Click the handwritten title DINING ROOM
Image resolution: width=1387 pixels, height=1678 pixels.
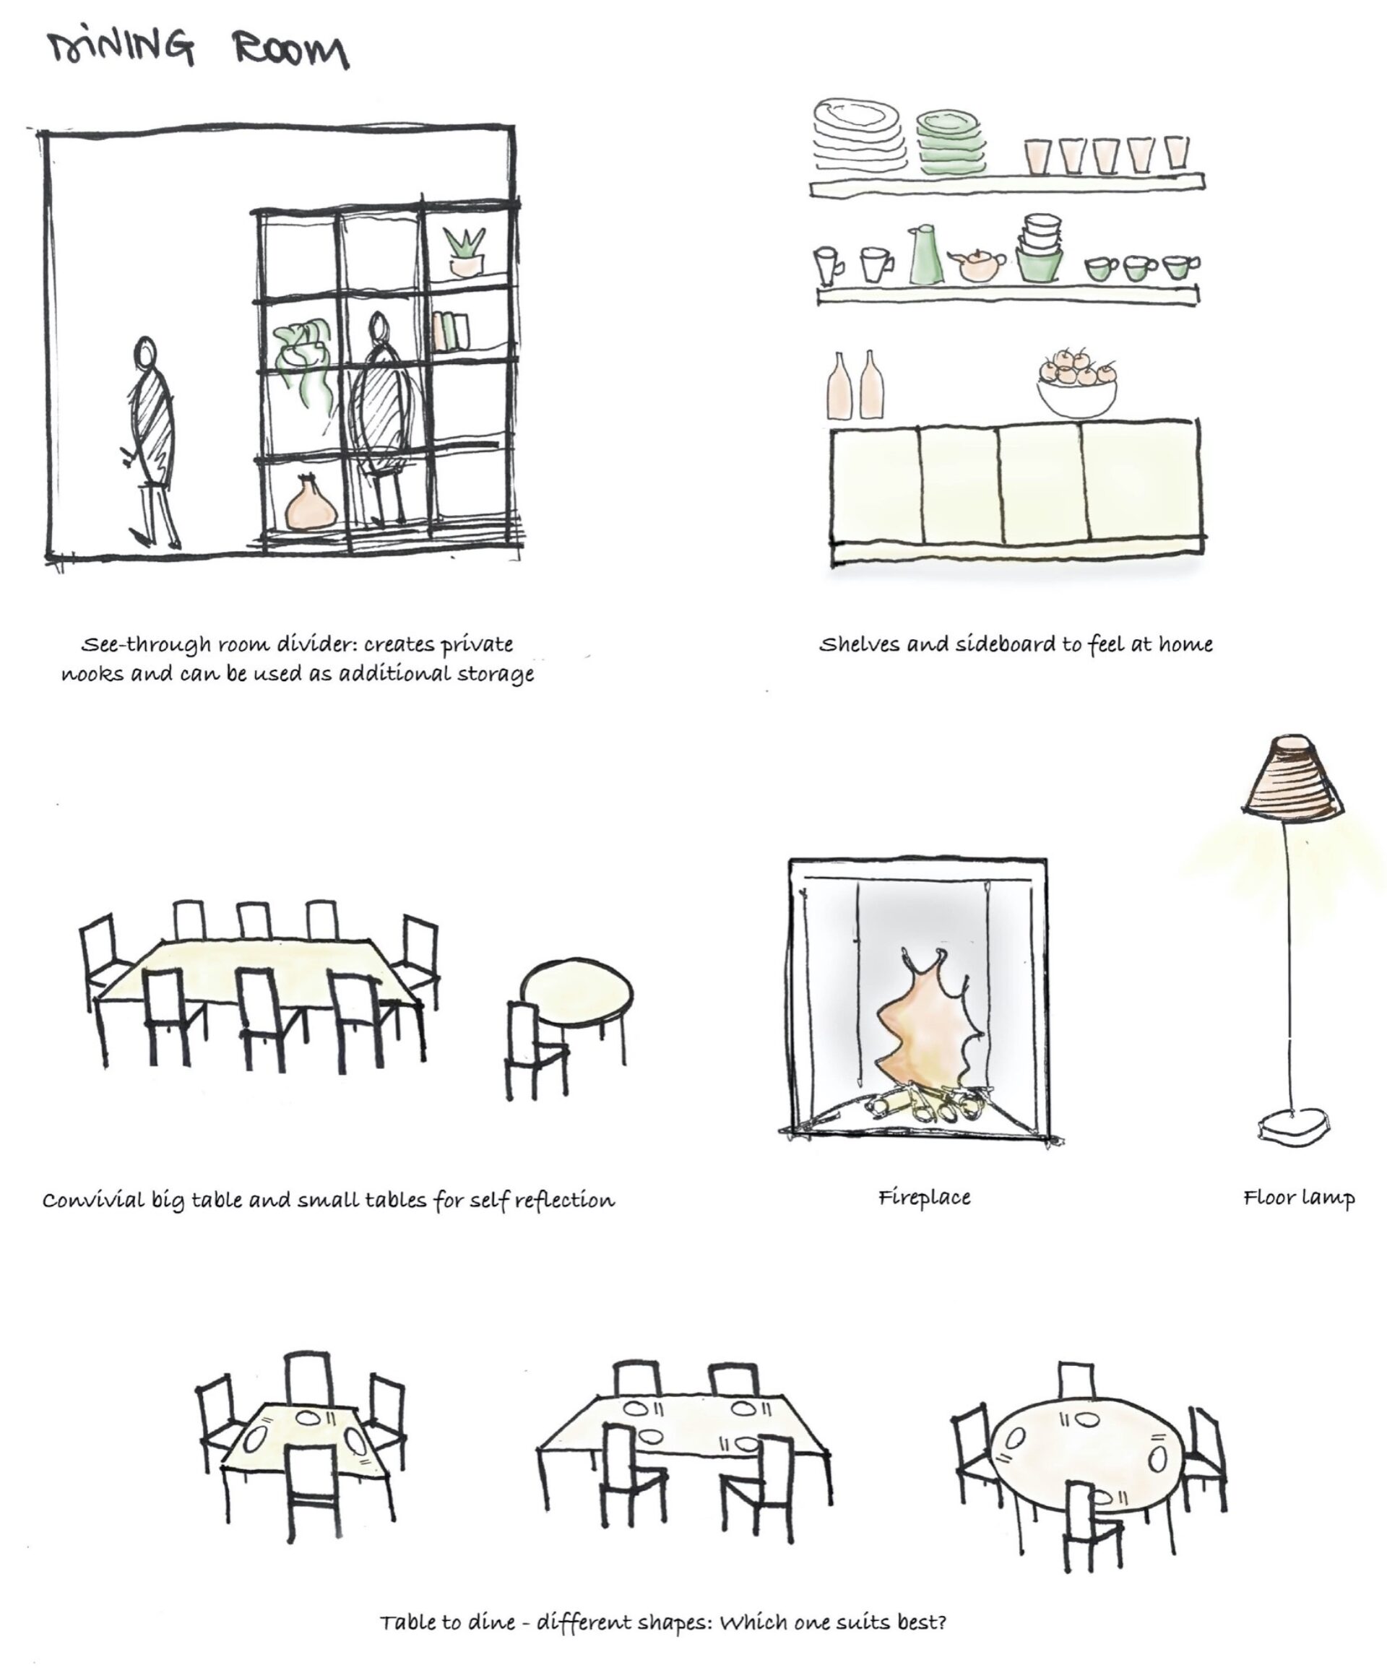pos(198,50)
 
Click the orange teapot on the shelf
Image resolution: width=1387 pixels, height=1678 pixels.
pos(977,264)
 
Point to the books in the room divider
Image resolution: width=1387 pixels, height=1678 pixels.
pos(450,331)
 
